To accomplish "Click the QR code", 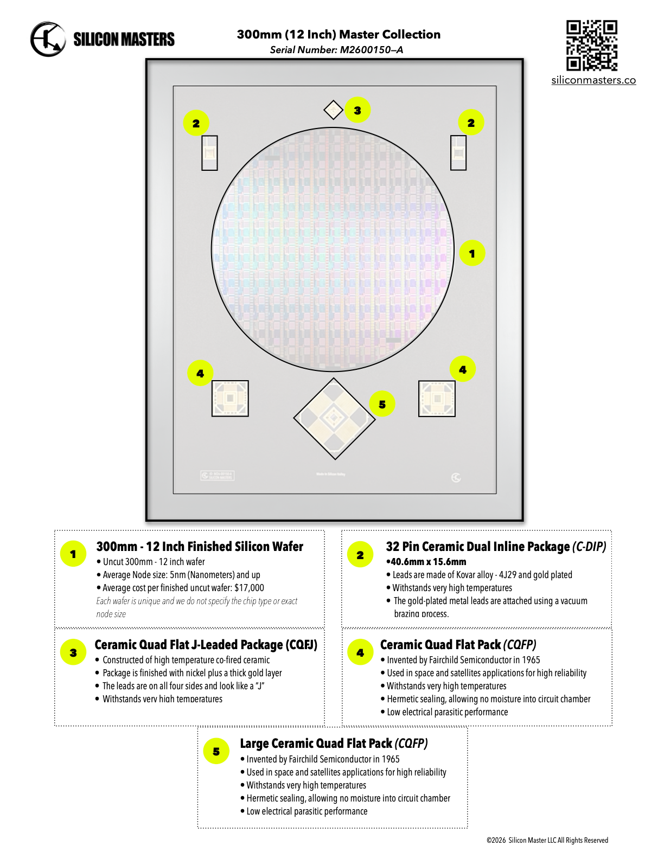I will tap(592, 46).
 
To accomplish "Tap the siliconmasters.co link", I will tap(593, 80).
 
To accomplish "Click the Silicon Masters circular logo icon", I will tap(48, 39).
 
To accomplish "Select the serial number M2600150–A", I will tap(371, 50).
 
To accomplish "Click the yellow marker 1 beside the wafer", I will tap(472, 253).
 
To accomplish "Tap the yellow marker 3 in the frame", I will tap(357, 110).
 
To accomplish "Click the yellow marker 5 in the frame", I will tap(382, 404).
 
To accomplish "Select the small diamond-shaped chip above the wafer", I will tap(333, 110).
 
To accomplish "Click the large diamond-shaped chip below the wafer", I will tap(334, 418).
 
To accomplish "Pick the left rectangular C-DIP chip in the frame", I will tap(209, 153).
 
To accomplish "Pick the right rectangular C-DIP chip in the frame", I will tap(458, 152).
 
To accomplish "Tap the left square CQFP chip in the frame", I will tap(230, 399).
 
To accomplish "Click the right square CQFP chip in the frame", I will tap(437, 399).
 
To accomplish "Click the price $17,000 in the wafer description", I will tap(249, 588).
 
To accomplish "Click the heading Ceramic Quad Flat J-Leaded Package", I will tap(206, 645).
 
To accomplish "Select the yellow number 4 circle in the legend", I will tap(360, 653).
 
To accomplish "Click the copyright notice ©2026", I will tap(547, 840).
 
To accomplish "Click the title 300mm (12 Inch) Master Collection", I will tap(339, 34).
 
